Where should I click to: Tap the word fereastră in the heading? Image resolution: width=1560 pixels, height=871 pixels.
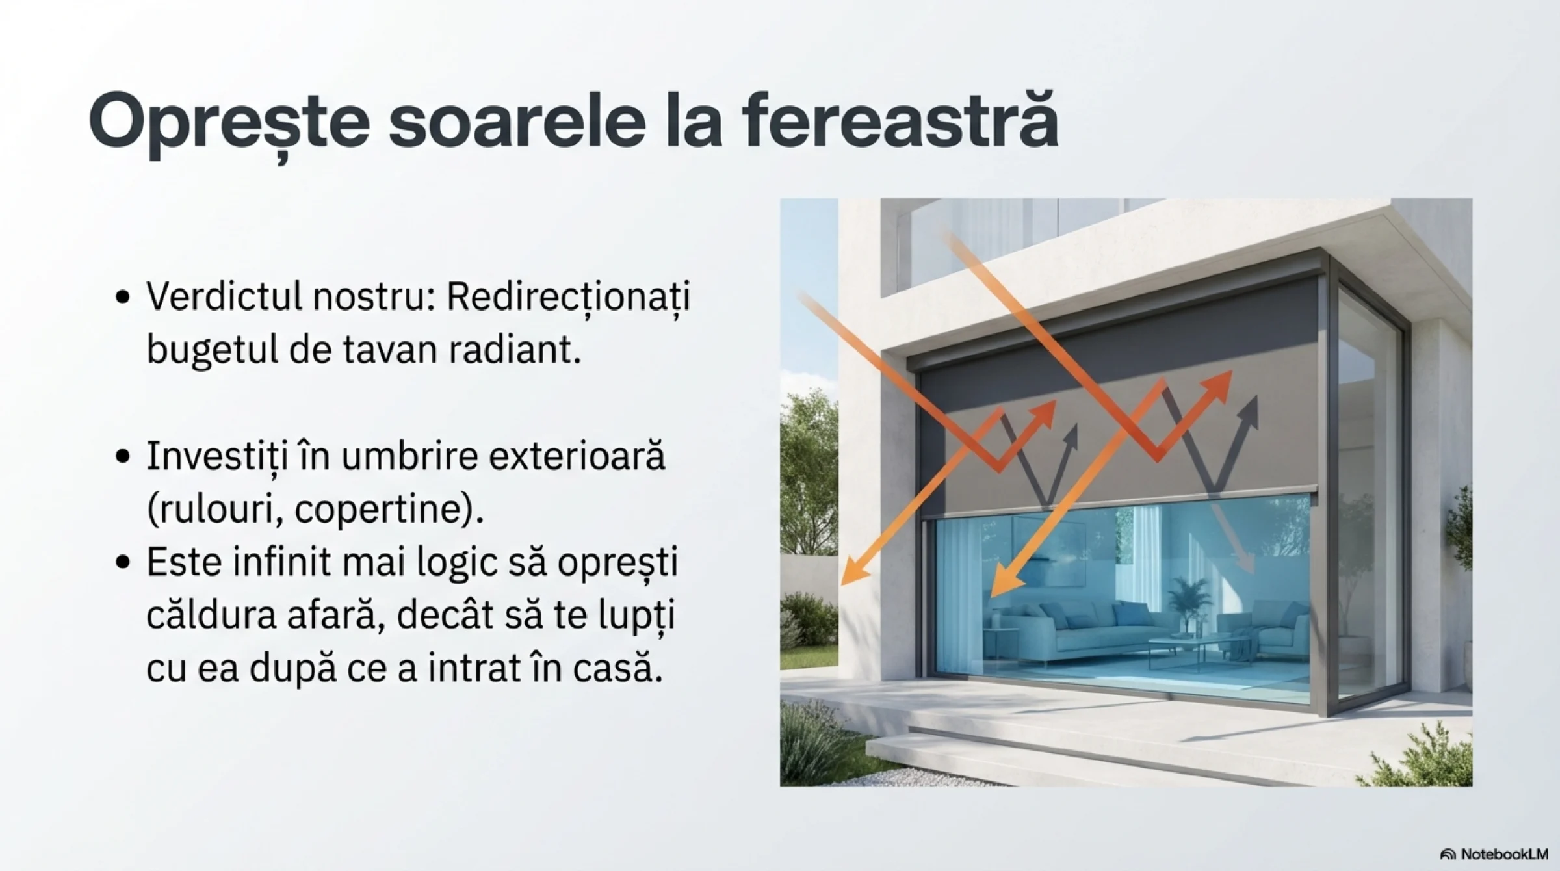click(x=900, y=120)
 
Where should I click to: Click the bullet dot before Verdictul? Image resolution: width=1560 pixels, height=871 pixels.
click(x=123, y=298)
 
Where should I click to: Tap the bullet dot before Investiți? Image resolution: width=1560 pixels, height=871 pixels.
click(x=123, y=457)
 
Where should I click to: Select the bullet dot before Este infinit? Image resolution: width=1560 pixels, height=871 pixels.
click(x=123, y=562)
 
